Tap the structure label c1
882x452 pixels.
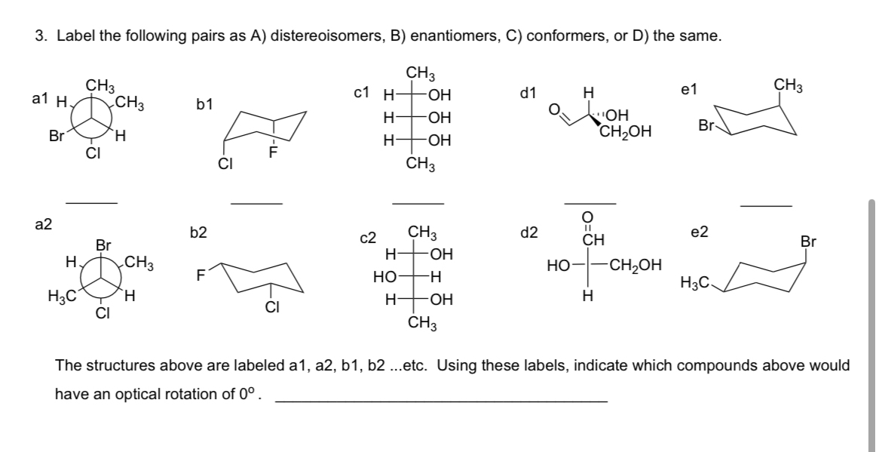click(x=362, y=93)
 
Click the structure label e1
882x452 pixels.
click(x=689, y=90)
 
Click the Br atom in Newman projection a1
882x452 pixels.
click(x=56, y=137)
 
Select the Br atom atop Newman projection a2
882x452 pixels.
click(x=103, y=245)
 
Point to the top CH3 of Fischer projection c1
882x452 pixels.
click(x=419, y=74)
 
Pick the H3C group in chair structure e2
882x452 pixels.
click(x=693, y=283)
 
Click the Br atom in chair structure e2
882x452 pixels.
click(x=808, y=242)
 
